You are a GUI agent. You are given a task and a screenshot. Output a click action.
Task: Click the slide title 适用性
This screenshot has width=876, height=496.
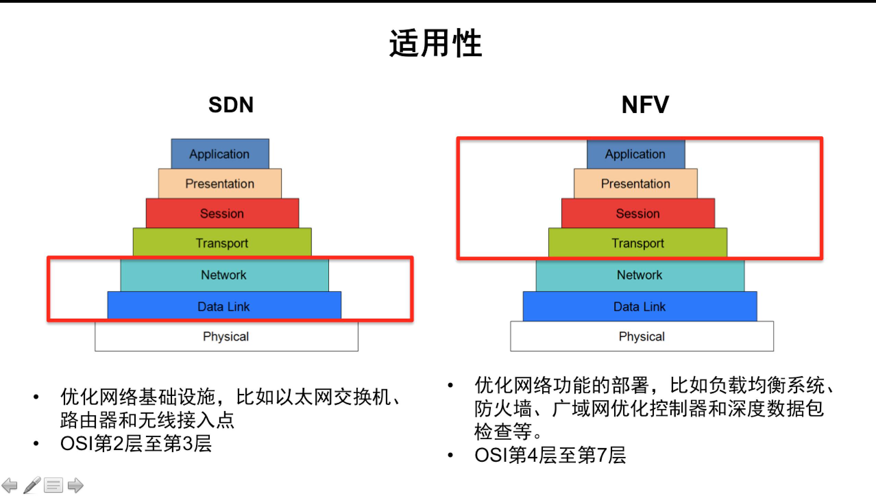click(x=436, y=44)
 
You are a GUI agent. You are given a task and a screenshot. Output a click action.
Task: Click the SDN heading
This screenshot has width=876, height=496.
click(x=231, y=104)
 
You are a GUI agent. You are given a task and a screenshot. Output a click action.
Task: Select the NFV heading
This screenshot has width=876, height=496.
click(x=645, y=104)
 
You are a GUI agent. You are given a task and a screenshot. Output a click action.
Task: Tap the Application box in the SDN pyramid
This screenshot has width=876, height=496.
click(x=220, y=154)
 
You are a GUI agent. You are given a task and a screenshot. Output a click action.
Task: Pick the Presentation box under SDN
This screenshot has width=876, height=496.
click(x=220, y=184)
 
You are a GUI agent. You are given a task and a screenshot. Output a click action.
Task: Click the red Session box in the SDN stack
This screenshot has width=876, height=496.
click(x=222, y=213)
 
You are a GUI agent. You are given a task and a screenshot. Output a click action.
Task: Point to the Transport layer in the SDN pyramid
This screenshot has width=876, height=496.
click(x=222, y=243)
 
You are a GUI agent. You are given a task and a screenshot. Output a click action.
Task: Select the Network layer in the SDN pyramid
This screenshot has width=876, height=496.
click(x=224, y=275)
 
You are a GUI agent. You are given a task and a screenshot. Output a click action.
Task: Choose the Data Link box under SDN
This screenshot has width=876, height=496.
click(x=224, y=306)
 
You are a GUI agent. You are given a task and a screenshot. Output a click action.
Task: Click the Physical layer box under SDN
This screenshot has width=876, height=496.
click(x=226, y=336)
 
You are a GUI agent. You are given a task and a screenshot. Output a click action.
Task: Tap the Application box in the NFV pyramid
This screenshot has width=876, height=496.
click(x=635, y=154)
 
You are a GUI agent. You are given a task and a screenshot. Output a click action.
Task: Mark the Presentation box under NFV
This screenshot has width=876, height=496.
click(x=635, y=184)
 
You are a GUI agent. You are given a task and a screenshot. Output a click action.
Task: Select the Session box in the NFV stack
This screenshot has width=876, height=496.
click(x=638, y=213)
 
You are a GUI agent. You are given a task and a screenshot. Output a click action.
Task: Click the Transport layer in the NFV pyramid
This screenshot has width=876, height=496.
click(x=638, y=243)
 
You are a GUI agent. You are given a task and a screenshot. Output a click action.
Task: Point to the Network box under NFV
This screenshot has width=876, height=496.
click(x=640, y=275)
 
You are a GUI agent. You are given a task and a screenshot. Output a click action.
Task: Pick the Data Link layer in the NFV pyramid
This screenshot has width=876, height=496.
click(x=640, y=306)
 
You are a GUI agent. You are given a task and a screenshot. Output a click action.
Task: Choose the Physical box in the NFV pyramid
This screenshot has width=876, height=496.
click(x=642, y=336)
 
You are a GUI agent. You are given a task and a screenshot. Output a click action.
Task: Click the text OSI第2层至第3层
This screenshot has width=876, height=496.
click(x=136, y=444)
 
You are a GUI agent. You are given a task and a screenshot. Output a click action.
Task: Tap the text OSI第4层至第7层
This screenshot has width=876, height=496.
click(x=550, y=455)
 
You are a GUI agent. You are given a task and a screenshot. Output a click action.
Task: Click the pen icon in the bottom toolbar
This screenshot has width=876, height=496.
click(x=32, y=485)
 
